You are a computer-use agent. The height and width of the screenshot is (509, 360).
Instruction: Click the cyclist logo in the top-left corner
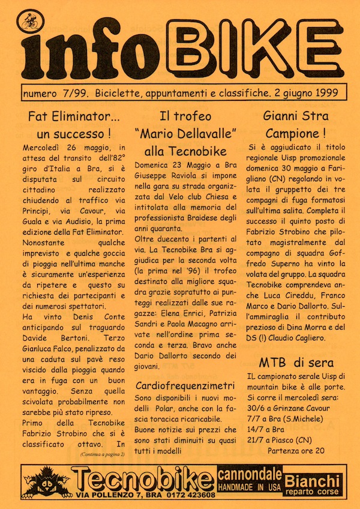(x=28, y=23)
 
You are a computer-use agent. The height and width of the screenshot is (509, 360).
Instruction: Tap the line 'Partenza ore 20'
(x=296, y=450)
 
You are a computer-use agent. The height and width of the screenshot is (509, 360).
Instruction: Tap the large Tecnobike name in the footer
(x=145, y=480)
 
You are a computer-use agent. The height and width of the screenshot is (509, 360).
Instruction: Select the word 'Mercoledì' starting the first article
(x=43, y=148)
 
